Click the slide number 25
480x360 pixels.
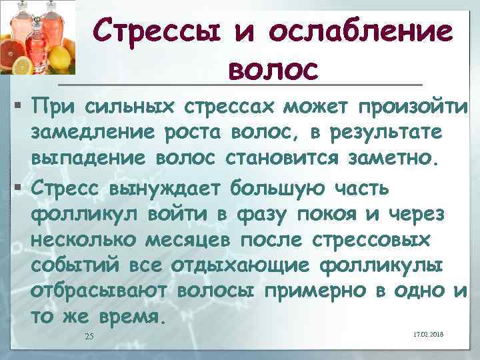pos(90,336)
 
